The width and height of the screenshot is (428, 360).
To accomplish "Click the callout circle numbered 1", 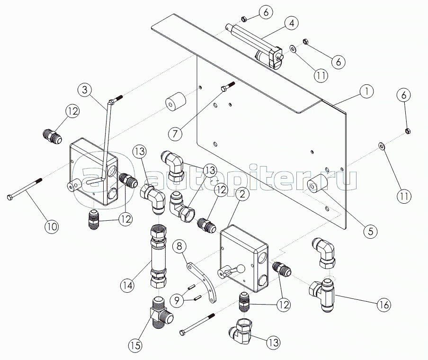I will click(x=366, y=91).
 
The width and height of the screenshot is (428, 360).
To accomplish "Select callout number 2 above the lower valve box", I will click(x=243, y=194).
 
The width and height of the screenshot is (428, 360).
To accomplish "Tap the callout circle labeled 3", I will click(x=85, y=90).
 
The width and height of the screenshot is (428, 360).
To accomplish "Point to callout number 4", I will click(x=291, y=23).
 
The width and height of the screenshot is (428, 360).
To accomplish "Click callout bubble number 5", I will click(x=370, y=231).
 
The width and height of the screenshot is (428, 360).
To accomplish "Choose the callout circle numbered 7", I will click(x=175, y=134).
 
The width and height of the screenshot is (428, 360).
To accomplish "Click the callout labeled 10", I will click(x=52, y=226).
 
